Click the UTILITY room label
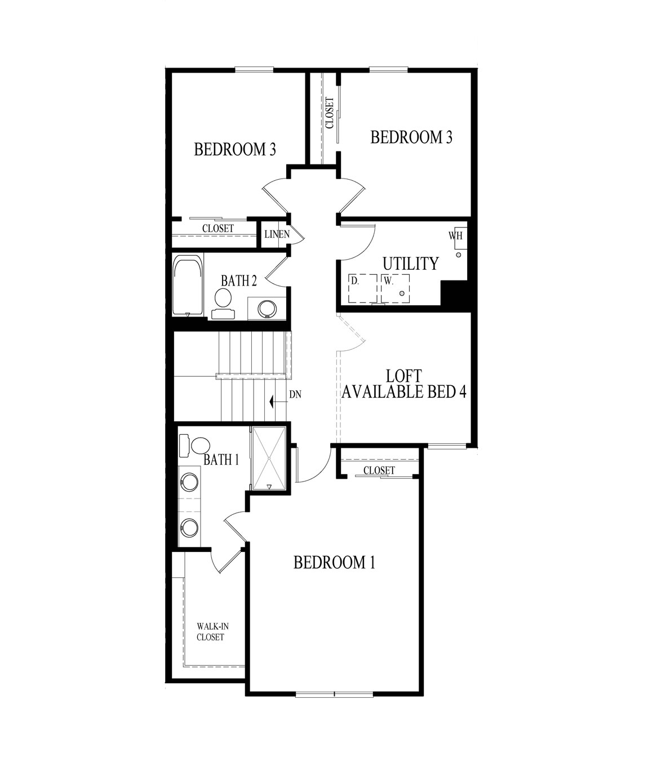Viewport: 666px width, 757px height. (410, 264)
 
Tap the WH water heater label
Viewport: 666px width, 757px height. (455, 236)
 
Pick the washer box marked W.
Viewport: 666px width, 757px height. (395, 288)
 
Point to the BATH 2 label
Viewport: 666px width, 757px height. (239, 280)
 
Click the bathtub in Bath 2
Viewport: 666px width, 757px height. (187, 286)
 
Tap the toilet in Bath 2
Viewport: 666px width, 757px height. (223, 302)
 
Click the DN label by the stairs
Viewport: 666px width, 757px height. (295, 395)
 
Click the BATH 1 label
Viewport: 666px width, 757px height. (221, 460)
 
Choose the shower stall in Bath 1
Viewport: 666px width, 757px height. (269, 458)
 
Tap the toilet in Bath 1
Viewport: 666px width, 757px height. (195, 446)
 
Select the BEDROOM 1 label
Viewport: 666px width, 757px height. (334, 562)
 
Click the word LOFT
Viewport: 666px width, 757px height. (404, 376)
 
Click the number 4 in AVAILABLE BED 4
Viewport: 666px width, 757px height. (462, 392)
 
